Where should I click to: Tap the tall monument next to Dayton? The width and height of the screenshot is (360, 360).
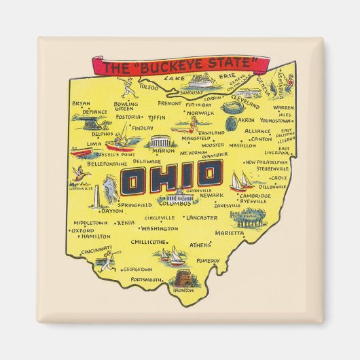tap(98, 196)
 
